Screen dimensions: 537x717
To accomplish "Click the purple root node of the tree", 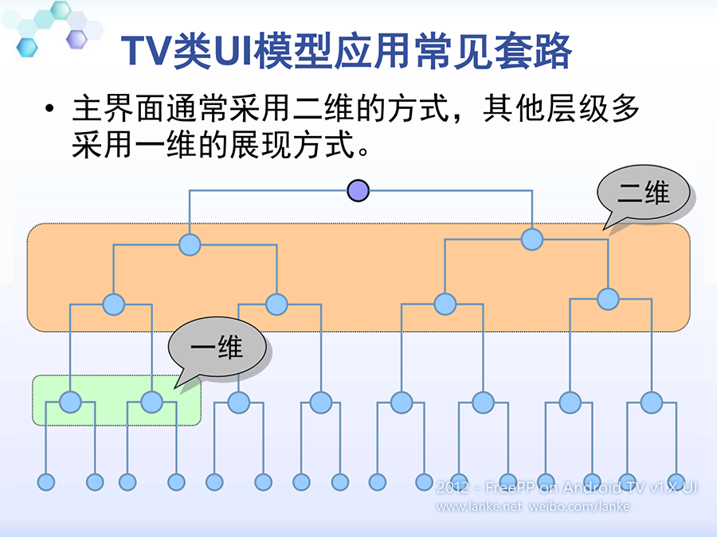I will pos(358,191).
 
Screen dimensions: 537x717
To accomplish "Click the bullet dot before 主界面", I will pos(51,110).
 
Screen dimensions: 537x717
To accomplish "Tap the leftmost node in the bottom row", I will pos(45,481).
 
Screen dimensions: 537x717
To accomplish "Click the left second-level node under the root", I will pos(189,244).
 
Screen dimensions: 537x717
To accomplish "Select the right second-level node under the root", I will pos(532,239).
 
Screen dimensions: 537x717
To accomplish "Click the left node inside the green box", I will pos(71,403).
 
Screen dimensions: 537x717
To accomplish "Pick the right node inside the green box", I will pos(151,403).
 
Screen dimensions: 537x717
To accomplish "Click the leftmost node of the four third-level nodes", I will pos(114,304).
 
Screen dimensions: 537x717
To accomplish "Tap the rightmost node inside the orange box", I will pos(608,299).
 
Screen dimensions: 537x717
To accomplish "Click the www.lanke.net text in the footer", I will pos(479,506).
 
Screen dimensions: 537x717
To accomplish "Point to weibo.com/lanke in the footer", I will pos(579,506).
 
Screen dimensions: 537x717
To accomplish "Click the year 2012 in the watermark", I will pos(453,487).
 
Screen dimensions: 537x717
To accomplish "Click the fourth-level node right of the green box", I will pos(239,403).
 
